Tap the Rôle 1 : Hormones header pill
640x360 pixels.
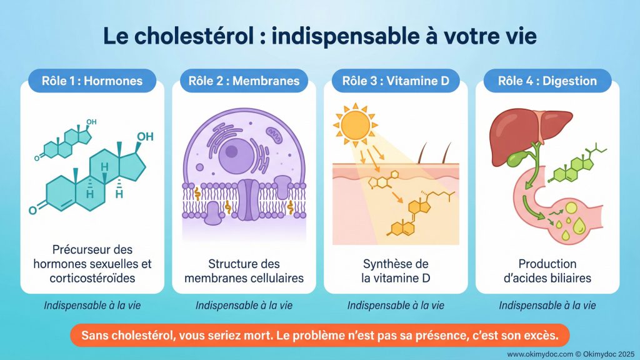pyautogui.click(x=92, y=81)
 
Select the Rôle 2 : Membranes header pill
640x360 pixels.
pyautogui.click(x=244, y=81)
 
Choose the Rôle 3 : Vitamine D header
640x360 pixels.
pyautogui.click(x=396, y=81)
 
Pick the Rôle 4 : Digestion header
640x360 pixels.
pyautogui.click(x=547, y=81)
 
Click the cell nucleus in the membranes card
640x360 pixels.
pyautogui.click(x=232, y=150)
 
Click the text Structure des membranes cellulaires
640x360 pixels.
pyautogui.click(x=244, y=271)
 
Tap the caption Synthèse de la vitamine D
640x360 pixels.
pyautogui.click(x=396, y=271)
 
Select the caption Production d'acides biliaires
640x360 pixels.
pyautogui.click(x=547, y=271)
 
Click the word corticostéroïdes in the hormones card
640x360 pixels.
pyautogui.click(x=92, y=278)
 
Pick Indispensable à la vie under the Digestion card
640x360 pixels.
pyautogui.click(x=547, y=306)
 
